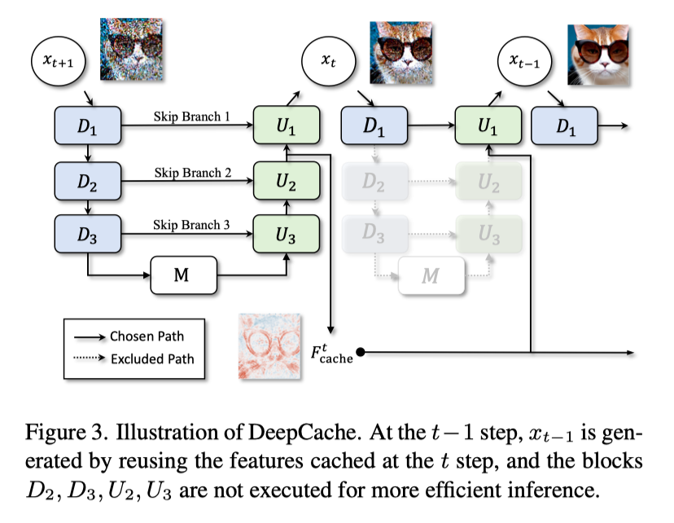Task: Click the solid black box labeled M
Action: coord(185,275)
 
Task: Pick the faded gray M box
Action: coord(429,275)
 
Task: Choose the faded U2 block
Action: coord(487,182)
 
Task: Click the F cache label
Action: coord(331,354)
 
